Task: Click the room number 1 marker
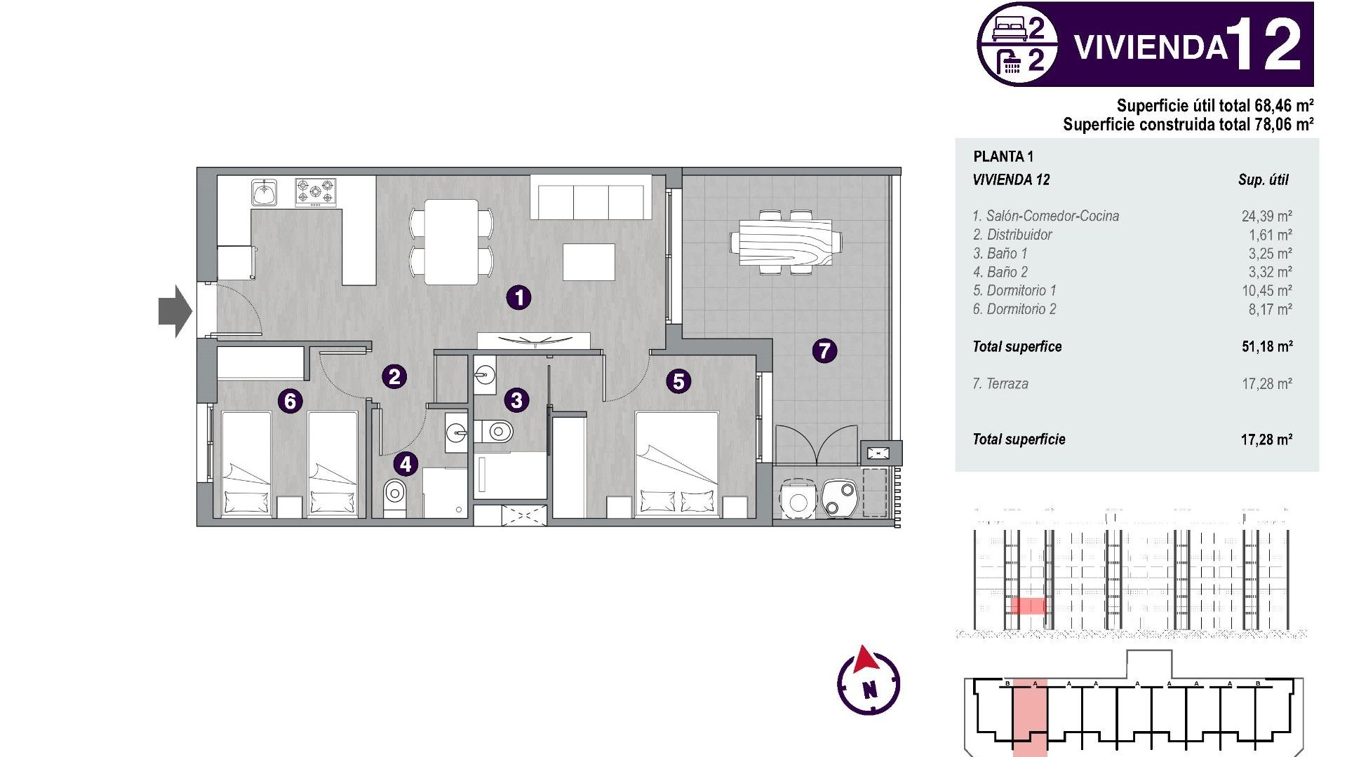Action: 518,297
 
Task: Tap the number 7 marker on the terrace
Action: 824,350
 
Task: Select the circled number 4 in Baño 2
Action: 406,463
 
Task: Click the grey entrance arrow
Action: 175,311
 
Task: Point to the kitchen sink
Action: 264,192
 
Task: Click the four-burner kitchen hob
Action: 315,191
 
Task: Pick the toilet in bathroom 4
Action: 394,496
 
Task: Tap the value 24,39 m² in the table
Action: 1266,216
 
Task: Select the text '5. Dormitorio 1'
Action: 1014,290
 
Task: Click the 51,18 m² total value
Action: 1267,346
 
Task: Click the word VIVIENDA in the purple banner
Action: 1151,47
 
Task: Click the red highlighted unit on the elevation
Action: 1028,606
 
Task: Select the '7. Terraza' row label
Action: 1000,383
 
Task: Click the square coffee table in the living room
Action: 589,262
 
